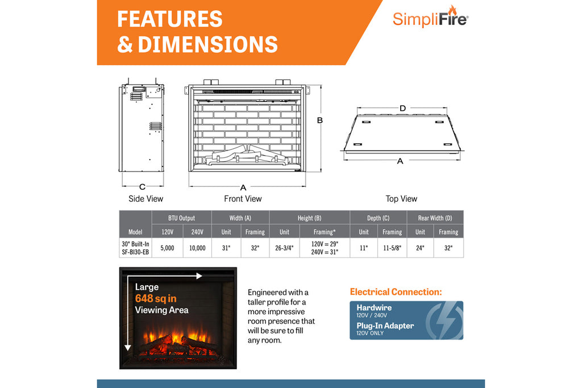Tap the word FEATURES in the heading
[x=169, y=19]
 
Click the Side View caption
[x=145, y=199]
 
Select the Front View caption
[x=243, y=199]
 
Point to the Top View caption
[x=401, y=199]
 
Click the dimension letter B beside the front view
[x=320, y=120]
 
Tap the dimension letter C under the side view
[x=142, y=186]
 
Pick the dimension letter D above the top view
[x=402, y=109]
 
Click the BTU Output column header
[x=181, y=218]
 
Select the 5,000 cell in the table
[x=167, y=248]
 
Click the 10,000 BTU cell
[x=197, y=248]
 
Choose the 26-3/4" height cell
[x=284, y=248]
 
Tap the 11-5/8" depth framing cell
[x=392, y=248]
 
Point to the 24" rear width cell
[x=420, y=248]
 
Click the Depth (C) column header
[x=378, y=218]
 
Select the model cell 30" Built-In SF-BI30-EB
[x=135, y=248]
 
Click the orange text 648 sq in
[x=156, y=298]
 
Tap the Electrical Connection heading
[x=396, y=292]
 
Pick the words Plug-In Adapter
[x=385, y=326]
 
